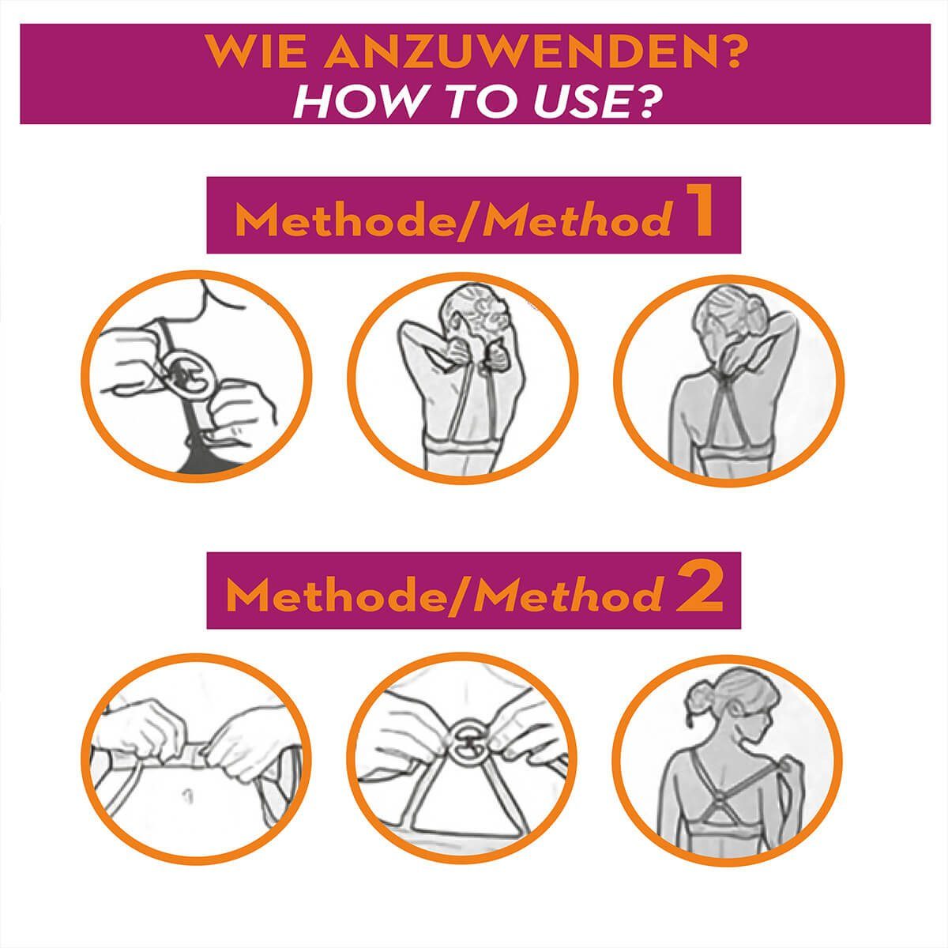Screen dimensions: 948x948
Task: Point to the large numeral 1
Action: [696, 215]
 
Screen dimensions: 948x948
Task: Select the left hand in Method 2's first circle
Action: [140, 733]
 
